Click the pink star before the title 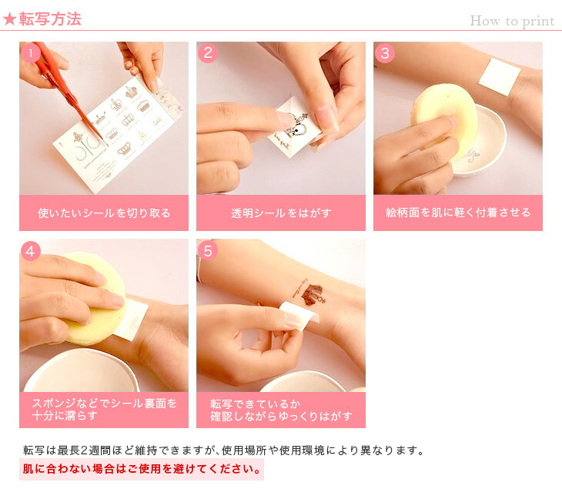(x=9, y=19)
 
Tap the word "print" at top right (x=538, y=22)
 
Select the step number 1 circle (x=31, y=53)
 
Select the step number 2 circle (x=208, y=53)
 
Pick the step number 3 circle (x=385, y=53)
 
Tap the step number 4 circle (x=31, y=251)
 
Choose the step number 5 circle (x=208, y=251)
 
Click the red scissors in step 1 (x=68, y=93)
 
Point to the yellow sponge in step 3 (x=444, y=119)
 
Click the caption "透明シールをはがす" (x=281, y=213)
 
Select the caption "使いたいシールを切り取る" (x=104, y=213)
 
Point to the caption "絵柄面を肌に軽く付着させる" (x=458, y=213)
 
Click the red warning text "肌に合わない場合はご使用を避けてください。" (x=142, y=469)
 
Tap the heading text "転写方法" (x=50, y=19)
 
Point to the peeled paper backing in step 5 (x=299, y=312)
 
